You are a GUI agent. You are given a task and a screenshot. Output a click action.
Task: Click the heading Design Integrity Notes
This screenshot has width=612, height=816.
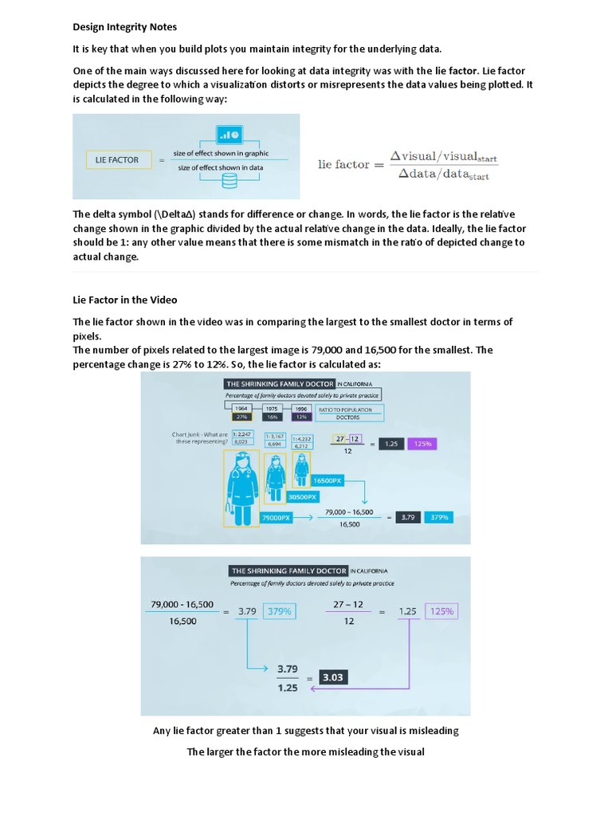[125, 27]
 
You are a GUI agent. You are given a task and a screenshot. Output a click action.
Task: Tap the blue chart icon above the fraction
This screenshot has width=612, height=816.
[229, 135]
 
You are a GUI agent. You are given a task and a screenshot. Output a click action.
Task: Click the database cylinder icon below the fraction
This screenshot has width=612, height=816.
[229, 182]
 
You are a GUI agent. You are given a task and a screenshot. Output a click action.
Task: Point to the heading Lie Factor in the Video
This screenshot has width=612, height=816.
[125, 300]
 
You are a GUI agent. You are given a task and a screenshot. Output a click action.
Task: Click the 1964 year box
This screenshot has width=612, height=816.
[240, 408]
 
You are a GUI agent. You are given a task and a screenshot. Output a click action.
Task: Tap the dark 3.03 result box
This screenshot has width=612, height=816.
[332, 677]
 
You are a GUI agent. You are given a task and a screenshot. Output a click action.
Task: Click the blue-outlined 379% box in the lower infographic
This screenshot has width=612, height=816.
[279, 611]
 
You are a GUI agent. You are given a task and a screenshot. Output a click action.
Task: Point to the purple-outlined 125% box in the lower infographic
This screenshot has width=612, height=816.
[441, 611]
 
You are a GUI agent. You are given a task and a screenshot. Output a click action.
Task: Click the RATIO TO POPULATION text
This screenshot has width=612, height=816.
[345, 410]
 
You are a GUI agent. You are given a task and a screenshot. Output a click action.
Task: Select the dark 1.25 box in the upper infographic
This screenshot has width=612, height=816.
[390, 443]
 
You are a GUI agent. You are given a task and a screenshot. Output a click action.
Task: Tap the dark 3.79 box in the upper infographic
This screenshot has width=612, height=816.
[407, 516]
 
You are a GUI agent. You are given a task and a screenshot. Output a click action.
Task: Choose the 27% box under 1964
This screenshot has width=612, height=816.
[240, 417]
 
